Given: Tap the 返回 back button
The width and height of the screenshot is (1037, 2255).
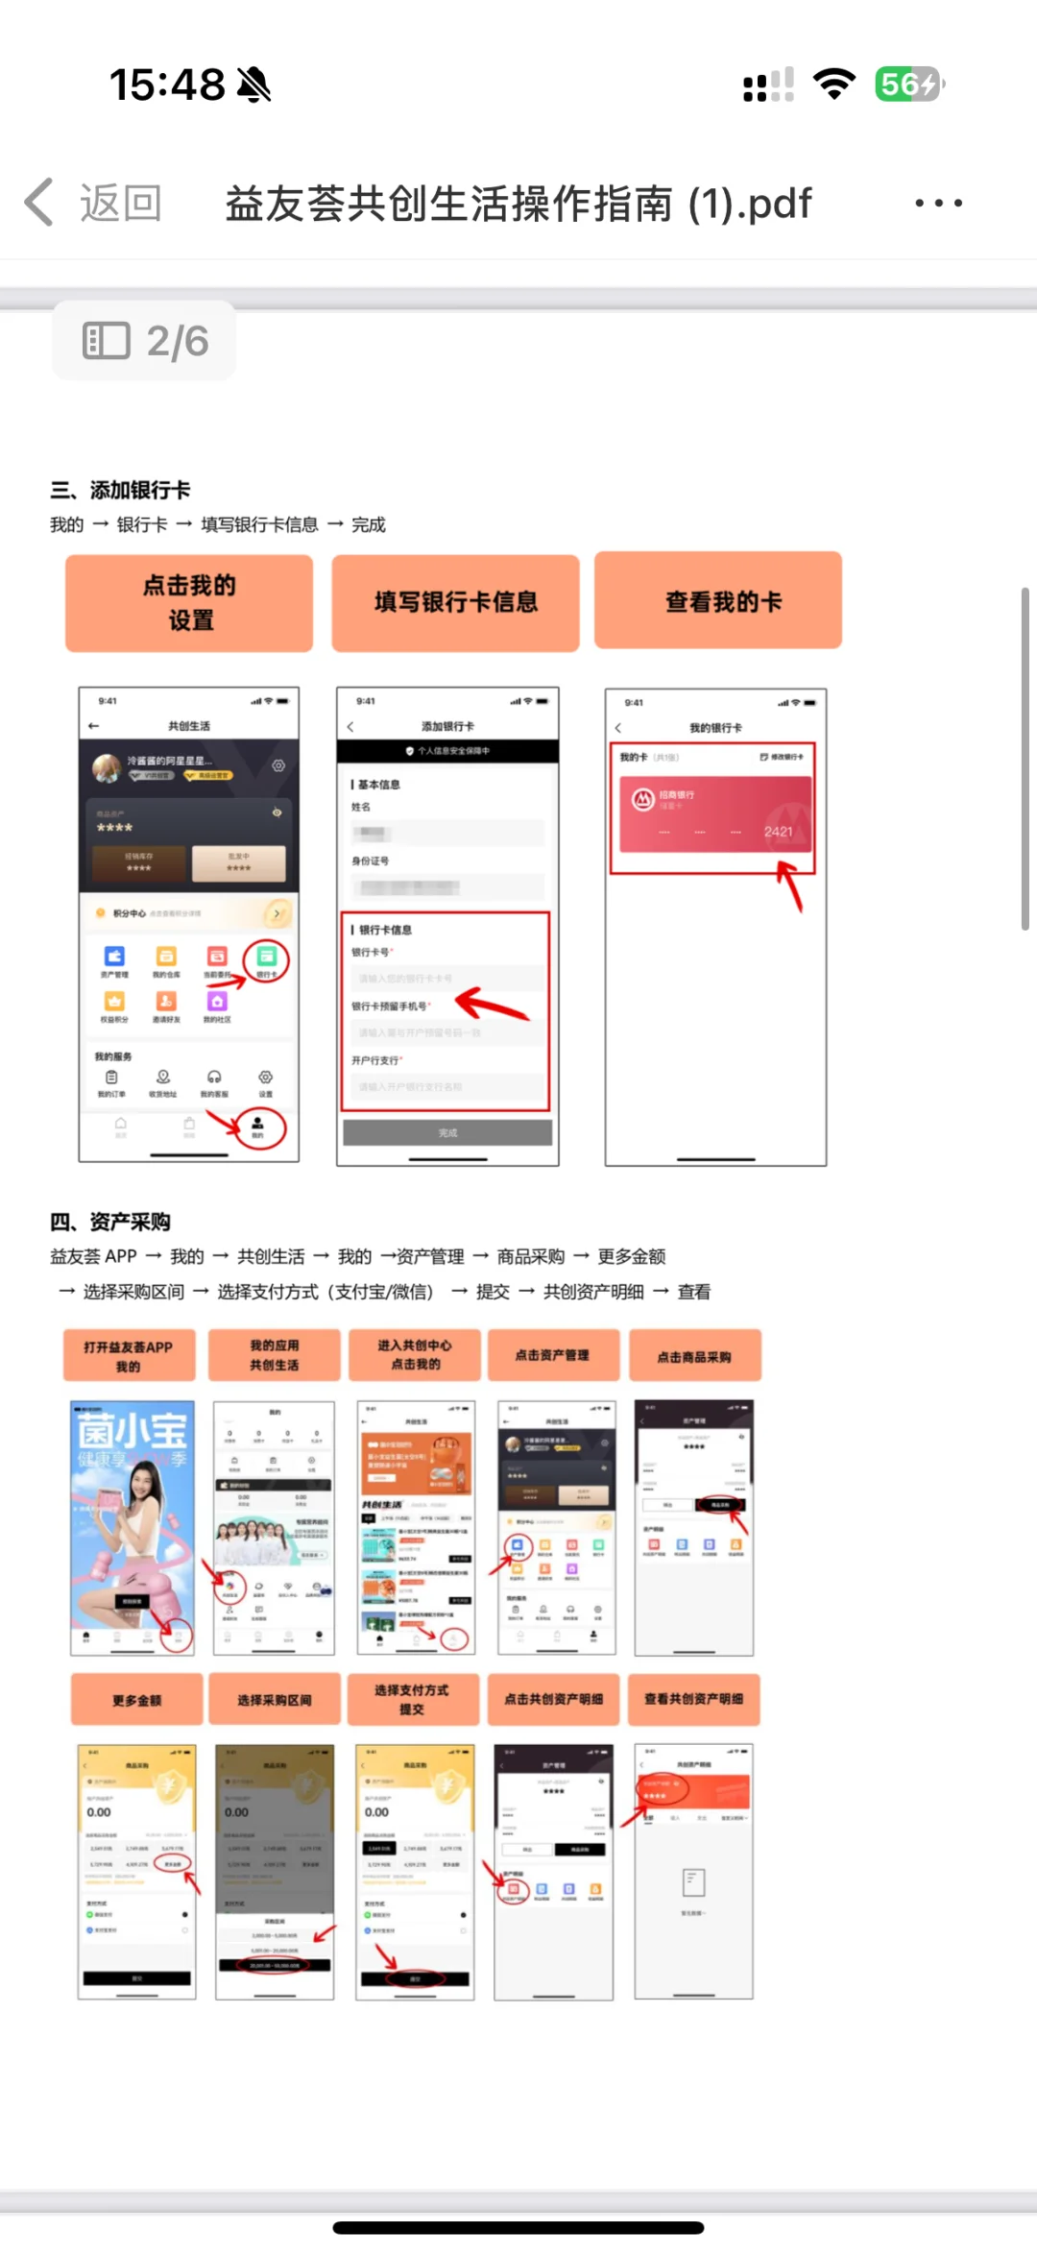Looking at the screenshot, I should coord(94,203).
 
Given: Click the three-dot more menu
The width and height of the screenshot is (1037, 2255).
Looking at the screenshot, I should coord(938,203).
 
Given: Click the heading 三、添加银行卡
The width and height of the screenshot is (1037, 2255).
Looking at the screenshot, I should coord(121,490).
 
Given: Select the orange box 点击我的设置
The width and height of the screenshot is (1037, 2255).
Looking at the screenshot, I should coord(189,603).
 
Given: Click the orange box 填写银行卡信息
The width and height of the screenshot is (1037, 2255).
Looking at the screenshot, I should coord(455,603).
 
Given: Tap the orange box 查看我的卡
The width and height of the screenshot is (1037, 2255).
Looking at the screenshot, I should coord(718,601).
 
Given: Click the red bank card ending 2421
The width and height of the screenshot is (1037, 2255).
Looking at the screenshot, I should coord(714,814).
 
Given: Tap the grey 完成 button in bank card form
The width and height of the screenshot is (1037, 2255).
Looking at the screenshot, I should coord(447,1133).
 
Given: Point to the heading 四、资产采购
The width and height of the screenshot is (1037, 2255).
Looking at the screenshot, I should coord(110,1222).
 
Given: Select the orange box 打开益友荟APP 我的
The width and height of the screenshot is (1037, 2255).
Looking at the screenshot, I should coord(129,1355).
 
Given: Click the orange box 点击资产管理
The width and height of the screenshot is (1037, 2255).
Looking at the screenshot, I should coord(553,1355).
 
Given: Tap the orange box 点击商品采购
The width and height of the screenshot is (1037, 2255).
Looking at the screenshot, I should coord(694,1356).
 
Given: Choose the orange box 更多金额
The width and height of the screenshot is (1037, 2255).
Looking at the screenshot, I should coord(136,1700).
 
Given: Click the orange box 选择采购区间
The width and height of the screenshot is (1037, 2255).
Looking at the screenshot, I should coord(275,1700).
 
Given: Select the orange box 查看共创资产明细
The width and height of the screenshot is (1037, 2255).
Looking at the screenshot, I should coord(693,1699).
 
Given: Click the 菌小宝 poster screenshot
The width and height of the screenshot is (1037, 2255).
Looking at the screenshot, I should coord(133,1527).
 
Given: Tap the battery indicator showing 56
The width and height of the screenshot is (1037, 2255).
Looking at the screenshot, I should coord(907,85).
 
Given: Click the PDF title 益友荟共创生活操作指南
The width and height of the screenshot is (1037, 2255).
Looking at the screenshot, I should coord(518,204).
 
